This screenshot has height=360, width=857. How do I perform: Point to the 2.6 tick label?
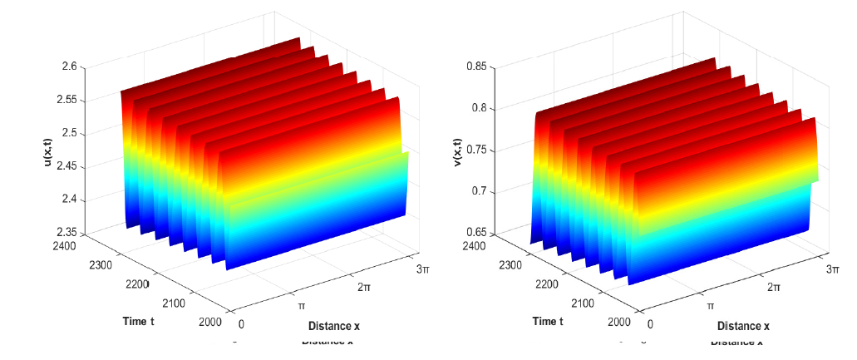coord(69,67)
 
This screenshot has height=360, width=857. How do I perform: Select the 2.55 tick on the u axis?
coord(66,100)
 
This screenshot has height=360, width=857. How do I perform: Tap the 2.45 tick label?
coord(66,166)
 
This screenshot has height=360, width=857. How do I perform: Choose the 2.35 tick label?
coord(66,233)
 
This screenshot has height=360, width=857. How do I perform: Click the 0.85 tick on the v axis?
coord(475,67)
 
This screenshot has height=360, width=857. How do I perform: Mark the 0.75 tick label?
coord(475,150)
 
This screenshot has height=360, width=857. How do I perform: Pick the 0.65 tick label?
coord(475,233)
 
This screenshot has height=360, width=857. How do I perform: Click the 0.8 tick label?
coord(479,108)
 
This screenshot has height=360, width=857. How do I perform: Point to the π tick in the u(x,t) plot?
coord(301,305)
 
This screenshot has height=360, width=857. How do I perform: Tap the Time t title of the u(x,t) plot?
coord(138,321)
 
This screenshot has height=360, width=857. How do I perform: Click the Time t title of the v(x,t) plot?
coord(547,321)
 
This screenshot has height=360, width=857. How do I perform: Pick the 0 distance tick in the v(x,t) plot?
coord(650,324)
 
